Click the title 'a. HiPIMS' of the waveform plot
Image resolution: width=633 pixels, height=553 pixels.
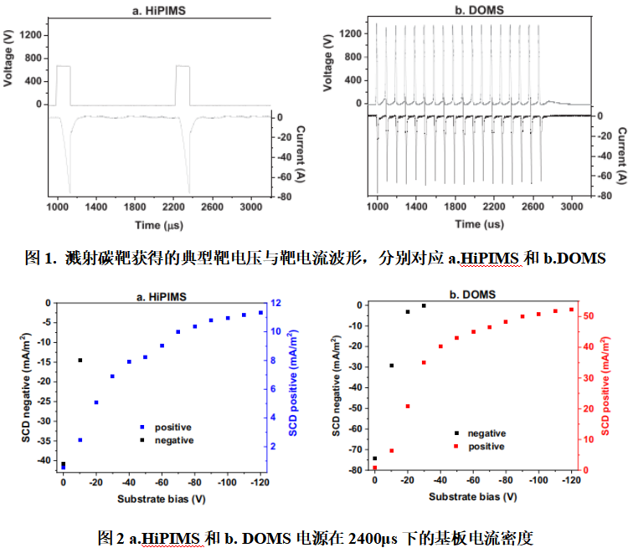(x=160, y=9)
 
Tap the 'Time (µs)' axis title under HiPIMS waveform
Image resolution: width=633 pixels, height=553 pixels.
(x=160, y=225)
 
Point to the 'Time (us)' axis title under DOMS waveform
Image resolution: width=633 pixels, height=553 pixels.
(x=481, y=223)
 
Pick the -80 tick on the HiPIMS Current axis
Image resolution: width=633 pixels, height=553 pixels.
(x=285, y=197)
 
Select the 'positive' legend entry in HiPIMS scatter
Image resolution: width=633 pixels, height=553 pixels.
(x=173, y=427)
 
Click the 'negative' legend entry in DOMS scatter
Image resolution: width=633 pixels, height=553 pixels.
(x=486, y=433)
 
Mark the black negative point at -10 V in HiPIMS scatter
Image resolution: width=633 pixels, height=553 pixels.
(x=80, y=361)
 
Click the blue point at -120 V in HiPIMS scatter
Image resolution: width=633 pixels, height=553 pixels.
(x=260, y=312)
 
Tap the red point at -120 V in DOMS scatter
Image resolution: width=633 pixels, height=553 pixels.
(x=572, y=310)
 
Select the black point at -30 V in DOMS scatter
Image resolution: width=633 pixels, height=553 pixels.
(x=424, y=306)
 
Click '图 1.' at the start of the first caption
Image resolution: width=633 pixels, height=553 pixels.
(x=42, y=258)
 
